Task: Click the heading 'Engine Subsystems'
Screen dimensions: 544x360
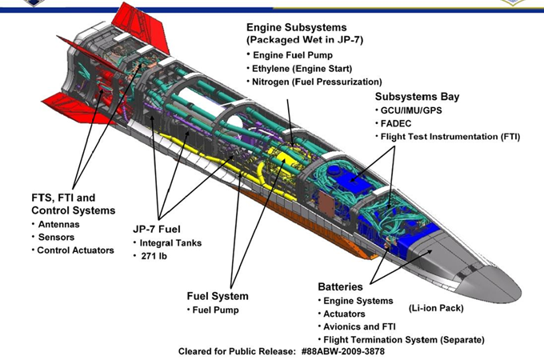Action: coord(296,27)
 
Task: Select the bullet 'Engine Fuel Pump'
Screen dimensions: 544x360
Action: coord(293,55)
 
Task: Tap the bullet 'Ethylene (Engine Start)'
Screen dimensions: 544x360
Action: coord(302,69)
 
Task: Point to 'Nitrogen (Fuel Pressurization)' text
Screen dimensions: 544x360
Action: coord(317,82)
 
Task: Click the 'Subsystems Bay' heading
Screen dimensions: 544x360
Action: coord(417,97)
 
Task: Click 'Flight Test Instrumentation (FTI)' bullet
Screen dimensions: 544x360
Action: coord(450,137)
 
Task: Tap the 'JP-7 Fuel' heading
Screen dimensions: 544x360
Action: coord(157,230)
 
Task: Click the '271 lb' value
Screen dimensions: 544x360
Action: coord(154,256)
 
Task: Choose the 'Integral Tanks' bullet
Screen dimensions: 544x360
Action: coord(170,242)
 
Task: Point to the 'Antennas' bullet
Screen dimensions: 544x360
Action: coord(58,224)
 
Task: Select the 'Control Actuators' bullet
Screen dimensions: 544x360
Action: coord(75,250)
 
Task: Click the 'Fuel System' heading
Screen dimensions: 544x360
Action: coord(218,296)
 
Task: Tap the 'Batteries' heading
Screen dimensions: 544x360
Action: coord(340,287)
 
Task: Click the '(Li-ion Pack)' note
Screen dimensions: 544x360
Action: coord(436,308)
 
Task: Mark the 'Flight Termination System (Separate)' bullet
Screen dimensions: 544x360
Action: coord(404,340)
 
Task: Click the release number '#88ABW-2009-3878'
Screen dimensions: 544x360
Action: coord(342,351)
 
